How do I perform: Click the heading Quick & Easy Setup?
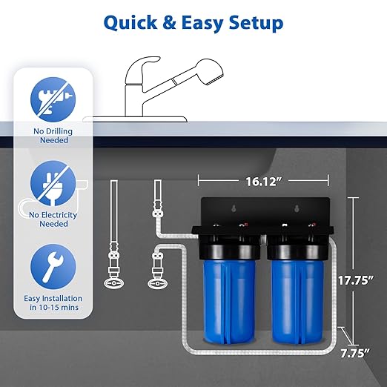tap(193, 22)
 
